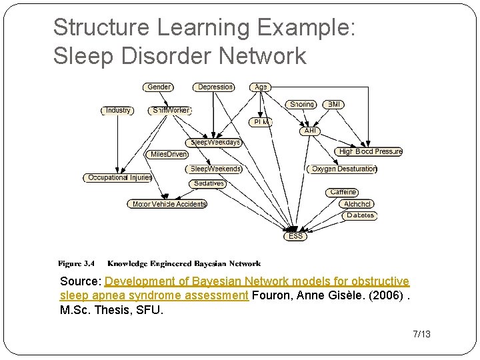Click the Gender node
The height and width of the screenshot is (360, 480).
point(158,87)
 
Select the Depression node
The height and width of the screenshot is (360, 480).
point(215,87)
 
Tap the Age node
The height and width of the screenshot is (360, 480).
point(261,87)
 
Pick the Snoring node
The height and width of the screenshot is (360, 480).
point(301,105)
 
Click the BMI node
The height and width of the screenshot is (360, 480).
point(334,105)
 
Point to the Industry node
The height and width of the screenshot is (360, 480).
point(118,110)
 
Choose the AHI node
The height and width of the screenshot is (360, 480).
point(310,131)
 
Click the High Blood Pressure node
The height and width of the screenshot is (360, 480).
point(370,151)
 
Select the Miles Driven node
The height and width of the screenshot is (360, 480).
point(169,154)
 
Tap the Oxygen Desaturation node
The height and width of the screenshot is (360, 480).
point(343,169)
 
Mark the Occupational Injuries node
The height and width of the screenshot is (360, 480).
point(119,177)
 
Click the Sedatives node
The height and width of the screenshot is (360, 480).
point(208,183)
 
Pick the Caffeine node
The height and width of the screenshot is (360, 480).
point(343,192)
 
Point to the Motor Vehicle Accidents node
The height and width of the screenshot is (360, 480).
point(168,204)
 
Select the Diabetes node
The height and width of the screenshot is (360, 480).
point(360,215)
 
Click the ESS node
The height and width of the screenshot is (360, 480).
point(295,236)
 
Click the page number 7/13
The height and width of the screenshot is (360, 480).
point(421,333)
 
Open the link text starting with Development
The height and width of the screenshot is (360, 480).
point(257,282)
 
